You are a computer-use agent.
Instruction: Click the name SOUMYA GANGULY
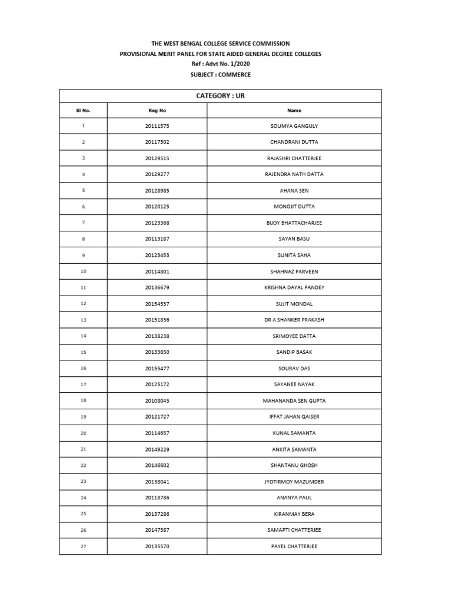coord(294,126)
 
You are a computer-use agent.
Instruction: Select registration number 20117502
coord(157,142)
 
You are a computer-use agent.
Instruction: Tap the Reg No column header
coord(157,110)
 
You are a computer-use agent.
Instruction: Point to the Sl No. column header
coord(83,110)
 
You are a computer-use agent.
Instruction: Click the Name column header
coord(294,110)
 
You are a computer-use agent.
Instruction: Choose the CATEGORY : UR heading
coord(220,95)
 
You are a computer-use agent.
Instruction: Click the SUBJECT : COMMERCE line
coord(220,75)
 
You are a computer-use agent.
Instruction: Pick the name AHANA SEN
coord(294,191)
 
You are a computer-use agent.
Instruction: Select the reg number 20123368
coord(157,223)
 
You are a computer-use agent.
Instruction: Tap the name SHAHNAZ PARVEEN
coord(294,271)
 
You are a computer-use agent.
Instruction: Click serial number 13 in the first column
coord(83,320)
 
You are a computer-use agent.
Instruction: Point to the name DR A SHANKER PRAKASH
coord(294,320)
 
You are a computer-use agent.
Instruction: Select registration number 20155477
coord(157,369)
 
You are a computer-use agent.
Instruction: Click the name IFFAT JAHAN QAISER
coord(294,417)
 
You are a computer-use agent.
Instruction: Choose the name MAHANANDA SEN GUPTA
coord(294,401)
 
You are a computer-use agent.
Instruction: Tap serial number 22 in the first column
coord(83,465)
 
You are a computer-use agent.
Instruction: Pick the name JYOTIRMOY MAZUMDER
coord(294,482)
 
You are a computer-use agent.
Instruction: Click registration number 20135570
coord(157,546)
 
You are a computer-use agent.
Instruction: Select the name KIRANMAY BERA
coord(294,514)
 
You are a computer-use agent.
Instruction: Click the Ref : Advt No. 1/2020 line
coord(220,64)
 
